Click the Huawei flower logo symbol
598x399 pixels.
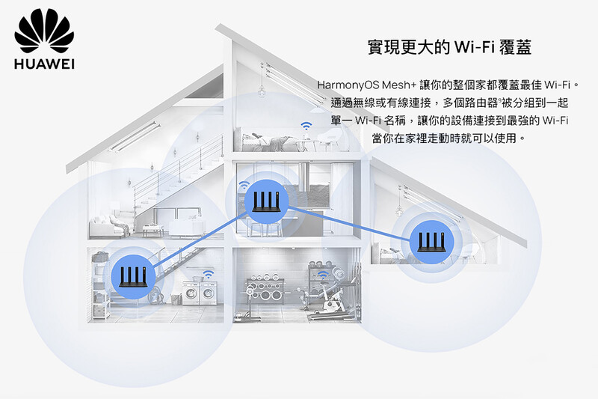(44, 33)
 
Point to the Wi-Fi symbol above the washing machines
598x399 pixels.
(207, 275)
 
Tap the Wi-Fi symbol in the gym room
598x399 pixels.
(323, 275)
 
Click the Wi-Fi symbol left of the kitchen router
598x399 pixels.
(244, 184)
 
